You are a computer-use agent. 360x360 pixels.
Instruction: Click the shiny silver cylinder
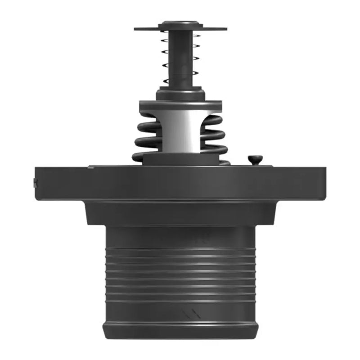[180, 133]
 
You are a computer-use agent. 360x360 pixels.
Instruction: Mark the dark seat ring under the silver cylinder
[180, 159]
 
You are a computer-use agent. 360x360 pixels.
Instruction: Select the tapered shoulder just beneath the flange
[180, 212]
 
